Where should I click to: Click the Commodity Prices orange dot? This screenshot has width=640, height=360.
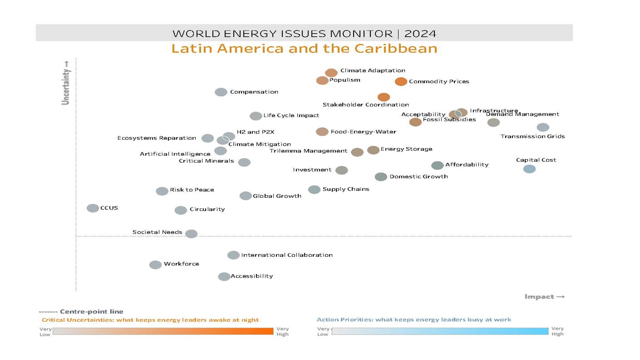click(401, 82)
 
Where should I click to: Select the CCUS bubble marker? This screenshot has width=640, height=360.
click(93, 208)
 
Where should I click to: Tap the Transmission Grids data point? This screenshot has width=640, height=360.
click(543, 127)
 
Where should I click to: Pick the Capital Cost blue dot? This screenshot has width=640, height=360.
click(529, 169)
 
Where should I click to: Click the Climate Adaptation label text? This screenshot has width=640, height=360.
click(372, 70)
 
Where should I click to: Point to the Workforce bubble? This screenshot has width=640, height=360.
click(155, 265)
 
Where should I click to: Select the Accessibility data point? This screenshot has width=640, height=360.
click(224, 276)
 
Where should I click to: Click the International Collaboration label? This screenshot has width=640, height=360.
click(287, 255)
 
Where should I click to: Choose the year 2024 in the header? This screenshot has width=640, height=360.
click(420, 34)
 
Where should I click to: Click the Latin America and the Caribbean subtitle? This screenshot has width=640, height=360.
click(304, 48)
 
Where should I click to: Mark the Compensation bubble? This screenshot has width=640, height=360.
click(221, 92)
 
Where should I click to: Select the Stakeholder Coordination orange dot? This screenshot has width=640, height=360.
click(384, 97)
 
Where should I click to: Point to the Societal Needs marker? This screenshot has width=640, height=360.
click(191, 234)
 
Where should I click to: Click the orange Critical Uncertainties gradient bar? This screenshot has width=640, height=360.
click(163, 331)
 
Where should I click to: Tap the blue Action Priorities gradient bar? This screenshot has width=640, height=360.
click(440, 331)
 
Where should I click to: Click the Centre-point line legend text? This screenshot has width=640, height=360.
click(91, 311)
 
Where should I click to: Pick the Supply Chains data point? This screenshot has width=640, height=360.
click(314, 190)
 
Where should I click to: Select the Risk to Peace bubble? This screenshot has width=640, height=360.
click(162, 191)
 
